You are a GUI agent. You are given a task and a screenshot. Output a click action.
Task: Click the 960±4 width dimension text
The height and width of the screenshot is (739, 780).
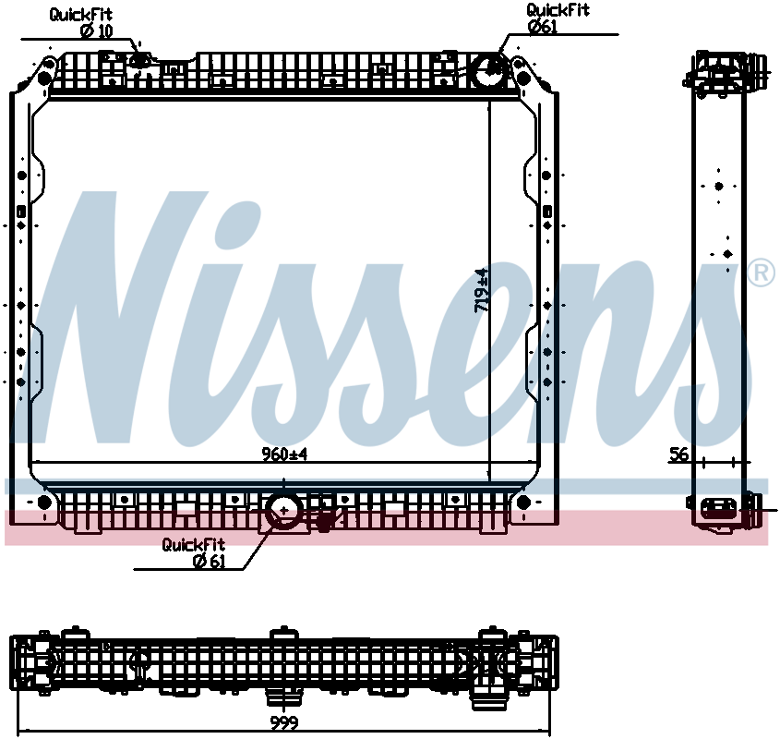[284, 454]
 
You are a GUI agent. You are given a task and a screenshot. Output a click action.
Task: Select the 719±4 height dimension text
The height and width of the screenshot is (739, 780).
[481, 290]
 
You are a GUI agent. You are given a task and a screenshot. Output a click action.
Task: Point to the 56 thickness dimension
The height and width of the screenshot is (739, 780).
[679, 454]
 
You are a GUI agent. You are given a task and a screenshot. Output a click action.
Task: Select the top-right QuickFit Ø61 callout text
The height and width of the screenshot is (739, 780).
[558, 18]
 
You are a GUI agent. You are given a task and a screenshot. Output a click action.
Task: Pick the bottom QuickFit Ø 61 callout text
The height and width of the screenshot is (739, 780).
[194, 552]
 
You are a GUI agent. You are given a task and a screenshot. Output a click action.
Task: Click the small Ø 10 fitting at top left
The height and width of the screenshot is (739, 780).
[140, 61]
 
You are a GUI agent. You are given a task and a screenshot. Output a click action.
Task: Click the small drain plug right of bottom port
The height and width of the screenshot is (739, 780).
[324, 521]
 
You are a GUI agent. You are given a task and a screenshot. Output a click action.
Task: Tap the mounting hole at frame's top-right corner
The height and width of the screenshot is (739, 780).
[520, 76]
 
